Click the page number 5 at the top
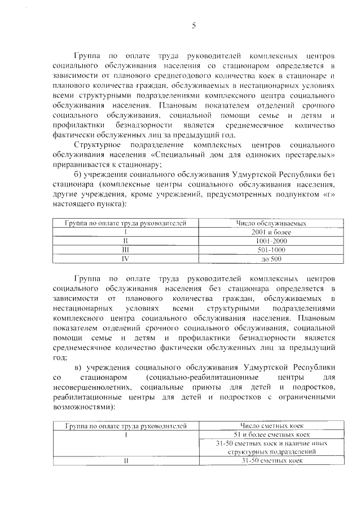pos(193,25)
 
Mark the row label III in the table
pos(126,250)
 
